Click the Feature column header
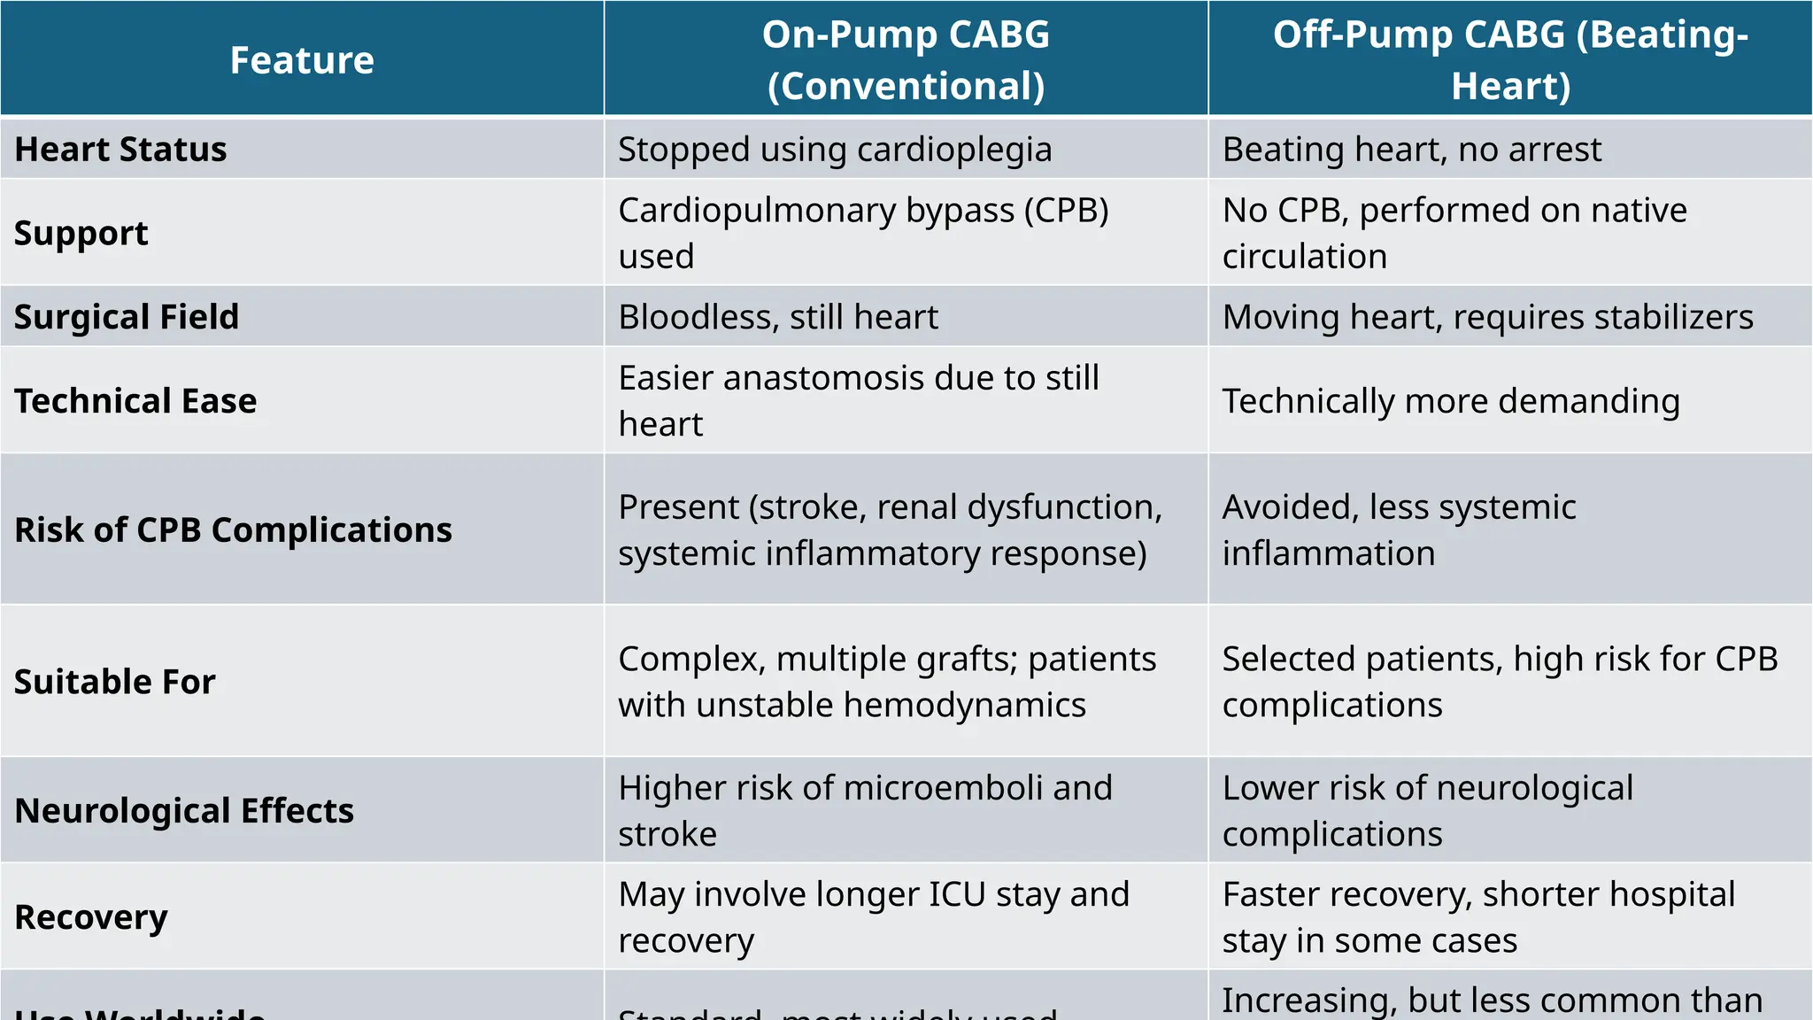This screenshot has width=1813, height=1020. (302, 60)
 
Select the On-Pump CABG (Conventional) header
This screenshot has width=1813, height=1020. (906, 60)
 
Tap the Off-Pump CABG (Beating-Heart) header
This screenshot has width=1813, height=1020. (1510, 60)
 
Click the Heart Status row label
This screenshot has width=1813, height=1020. (121, 149)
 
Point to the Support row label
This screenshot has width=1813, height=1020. (81, 233)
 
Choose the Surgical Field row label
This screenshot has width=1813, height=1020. (127, 316)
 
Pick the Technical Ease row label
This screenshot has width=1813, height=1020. (135, 400)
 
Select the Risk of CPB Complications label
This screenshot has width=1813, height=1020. (233, 529)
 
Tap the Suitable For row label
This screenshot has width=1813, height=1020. (115, 681)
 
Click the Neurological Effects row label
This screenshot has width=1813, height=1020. (184, 810)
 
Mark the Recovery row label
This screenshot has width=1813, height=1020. (91, 916)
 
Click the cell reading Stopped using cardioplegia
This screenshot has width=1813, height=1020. (835, 149)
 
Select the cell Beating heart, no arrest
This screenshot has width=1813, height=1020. (1412, 149)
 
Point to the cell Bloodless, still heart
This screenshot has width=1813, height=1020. (778, 316)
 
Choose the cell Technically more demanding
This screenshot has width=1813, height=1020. (1451, 400)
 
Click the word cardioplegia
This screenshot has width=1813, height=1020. (954, 150)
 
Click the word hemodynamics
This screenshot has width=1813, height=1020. (964, 705)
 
